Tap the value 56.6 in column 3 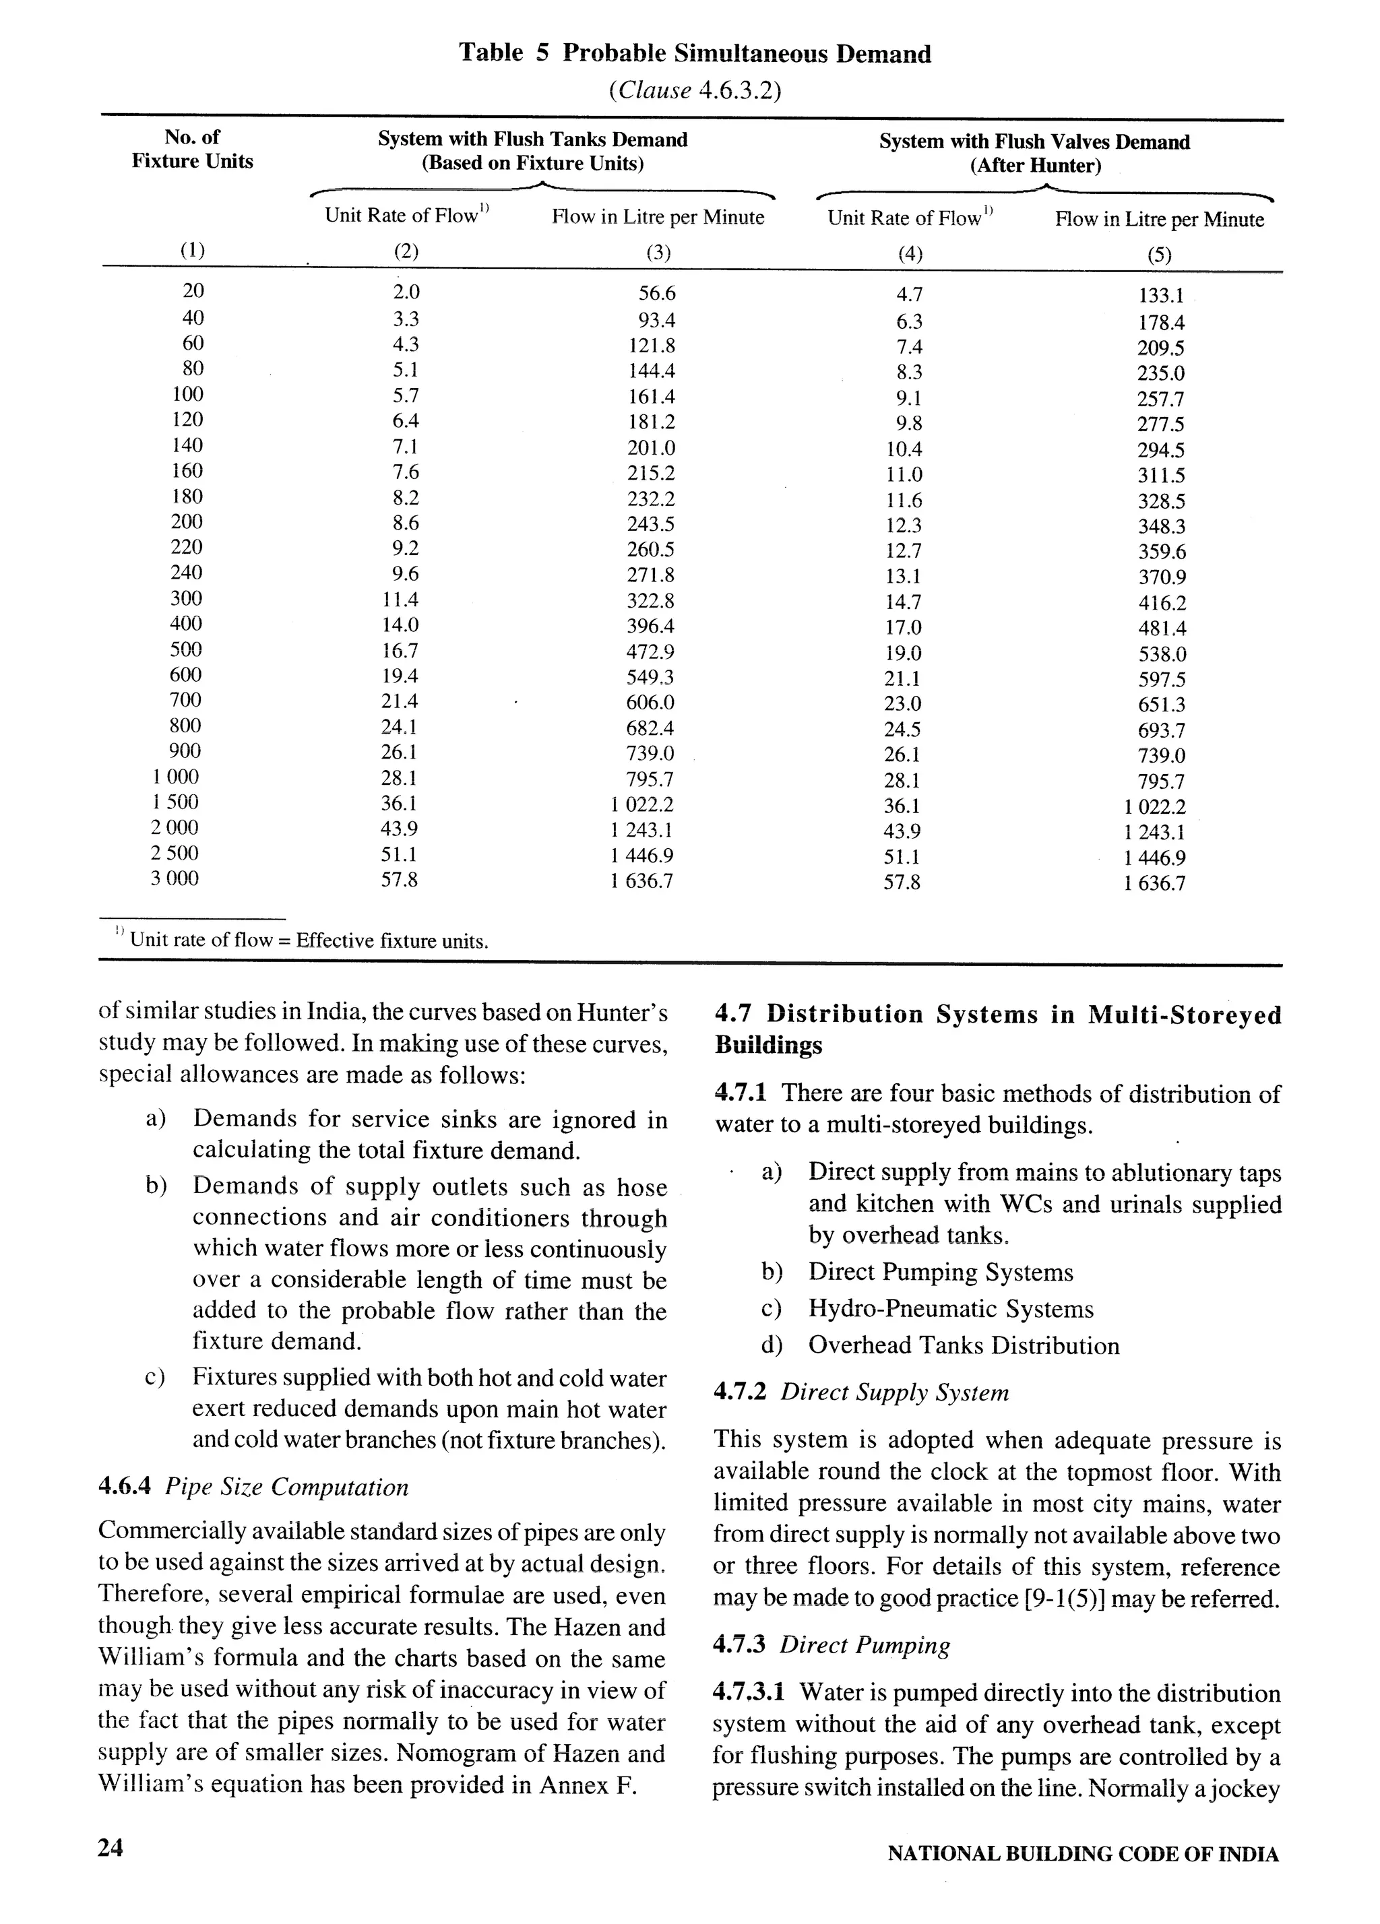pyautogui.click(x=656, y=294)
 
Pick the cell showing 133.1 pyautogui.click(x=1160, y=296)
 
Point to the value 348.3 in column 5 pyautogui.click(x=1161, y=527)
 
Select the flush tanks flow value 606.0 pyautogui.click(x=650, y=703)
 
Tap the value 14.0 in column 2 pyautogui.click(x=400, y=625)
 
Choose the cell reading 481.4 pyautogui.click(x=1162, y=629)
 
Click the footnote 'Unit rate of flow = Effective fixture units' pyautogui.click(x=308, y=941)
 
